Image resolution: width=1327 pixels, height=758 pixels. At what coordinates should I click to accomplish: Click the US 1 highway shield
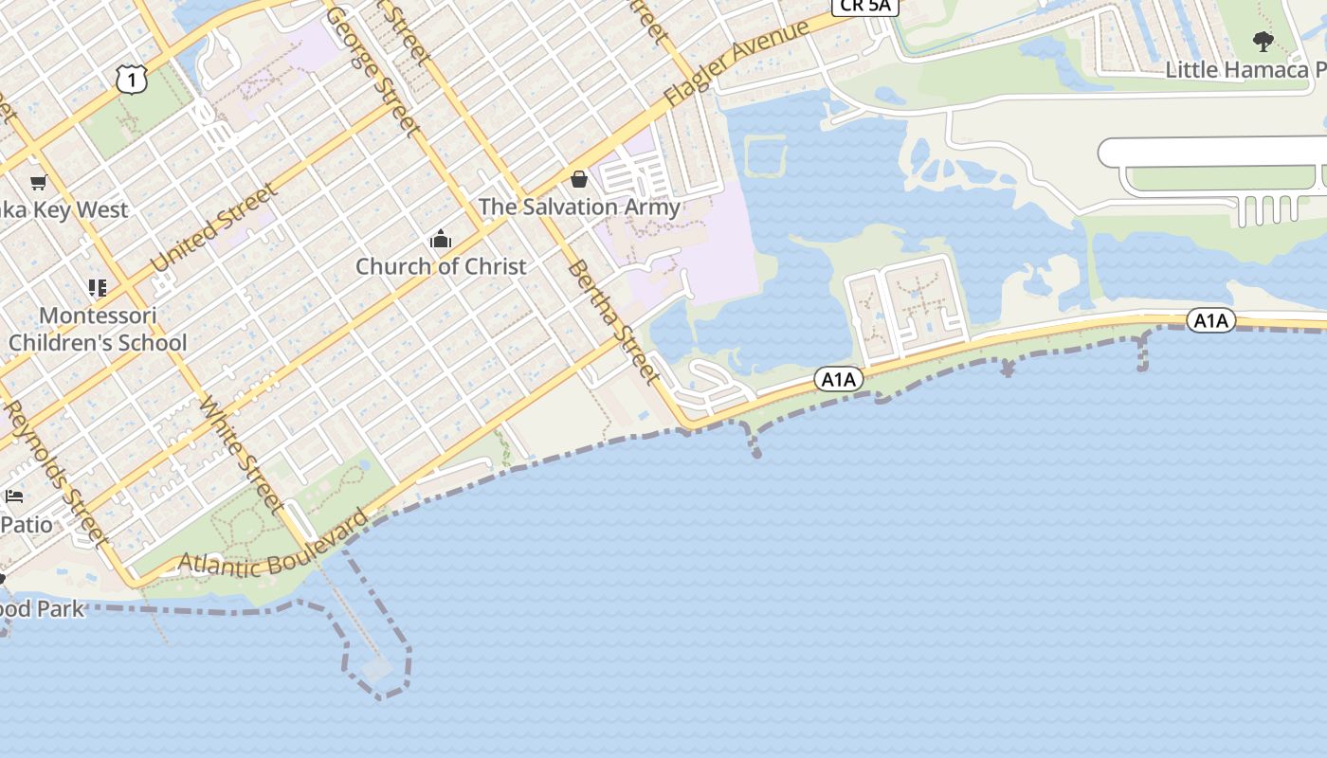[133, 80]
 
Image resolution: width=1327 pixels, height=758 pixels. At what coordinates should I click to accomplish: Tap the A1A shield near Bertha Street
[838, 380]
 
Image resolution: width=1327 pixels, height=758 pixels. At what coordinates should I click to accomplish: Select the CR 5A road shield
[864, 5]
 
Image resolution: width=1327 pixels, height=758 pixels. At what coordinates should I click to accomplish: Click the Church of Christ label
[441, 266]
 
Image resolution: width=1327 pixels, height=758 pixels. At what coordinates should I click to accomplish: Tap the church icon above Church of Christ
[441, 240]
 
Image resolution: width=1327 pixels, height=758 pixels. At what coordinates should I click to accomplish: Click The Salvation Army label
[579, 207]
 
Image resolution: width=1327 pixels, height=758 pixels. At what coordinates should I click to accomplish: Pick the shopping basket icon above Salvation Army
[579, 179]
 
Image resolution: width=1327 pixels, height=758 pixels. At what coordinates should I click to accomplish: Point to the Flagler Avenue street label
[737, 63]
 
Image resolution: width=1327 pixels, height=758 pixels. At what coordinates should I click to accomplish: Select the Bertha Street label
[613, 323]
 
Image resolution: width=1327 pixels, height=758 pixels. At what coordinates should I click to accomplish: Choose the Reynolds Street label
[55, 474]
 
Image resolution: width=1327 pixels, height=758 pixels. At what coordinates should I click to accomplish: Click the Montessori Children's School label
[98, 329]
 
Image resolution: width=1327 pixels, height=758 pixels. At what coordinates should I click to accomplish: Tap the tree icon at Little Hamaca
[1263, 42]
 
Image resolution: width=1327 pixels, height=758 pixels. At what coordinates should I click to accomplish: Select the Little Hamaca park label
[1245, 69]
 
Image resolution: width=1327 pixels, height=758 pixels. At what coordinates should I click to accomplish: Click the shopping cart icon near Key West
[38, 182]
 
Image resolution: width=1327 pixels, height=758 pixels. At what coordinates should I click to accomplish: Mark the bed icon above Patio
[14, 496]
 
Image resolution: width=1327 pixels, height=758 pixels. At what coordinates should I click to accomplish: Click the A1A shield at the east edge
[1210, 320]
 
